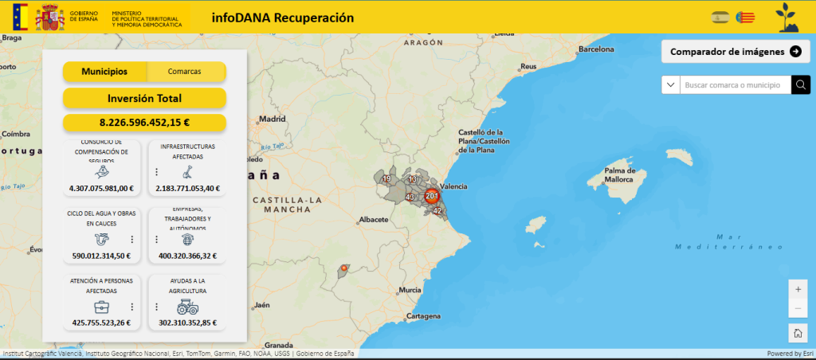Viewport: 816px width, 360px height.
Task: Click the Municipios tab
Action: click(104, 72)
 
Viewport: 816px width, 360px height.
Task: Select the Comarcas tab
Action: click(185, 72)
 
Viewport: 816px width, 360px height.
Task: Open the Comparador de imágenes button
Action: click(736, 52)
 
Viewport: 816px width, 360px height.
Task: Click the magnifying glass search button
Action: click(801, 84)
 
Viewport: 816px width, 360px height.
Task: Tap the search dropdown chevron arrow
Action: click(671, 84)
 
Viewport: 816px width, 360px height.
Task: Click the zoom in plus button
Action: click(798, 288)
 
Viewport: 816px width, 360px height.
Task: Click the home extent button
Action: click(798, 333)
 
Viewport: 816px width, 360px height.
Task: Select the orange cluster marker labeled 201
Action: click(432, 196)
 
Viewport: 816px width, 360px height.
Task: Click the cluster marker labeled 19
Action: click(386, 179)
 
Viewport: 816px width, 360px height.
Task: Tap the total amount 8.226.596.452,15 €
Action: click(144, 123)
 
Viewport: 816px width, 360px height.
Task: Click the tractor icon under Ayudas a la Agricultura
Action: click(188, 306)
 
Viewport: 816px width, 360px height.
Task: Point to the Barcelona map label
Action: click(597, 49)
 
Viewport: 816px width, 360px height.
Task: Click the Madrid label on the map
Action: click(273, 119)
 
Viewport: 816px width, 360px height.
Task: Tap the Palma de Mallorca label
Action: click(619, 175)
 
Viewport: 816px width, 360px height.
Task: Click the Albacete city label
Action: click(374, 218)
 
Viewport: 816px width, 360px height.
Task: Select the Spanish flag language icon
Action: click(721, 17)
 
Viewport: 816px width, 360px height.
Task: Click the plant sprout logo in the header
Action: click(788, 16)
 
